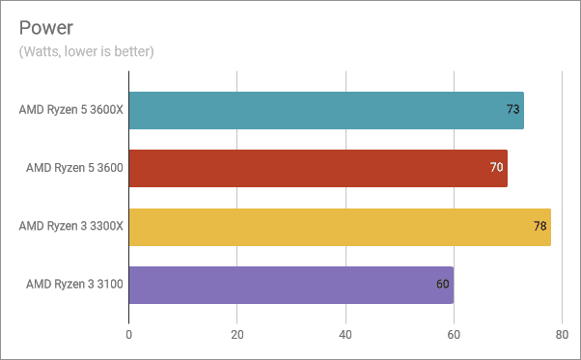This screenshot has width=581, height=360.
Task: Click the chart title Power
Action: [x=46, y=25]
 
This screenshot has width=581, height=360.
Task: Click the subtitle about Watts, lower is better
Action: [x=86, y=50]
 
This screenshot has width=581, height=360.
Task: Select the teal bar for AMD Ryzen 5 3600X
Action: [x=325, y=110]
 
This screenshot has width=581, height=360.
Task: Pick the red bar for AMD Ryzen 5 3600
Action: [x=318, y=168]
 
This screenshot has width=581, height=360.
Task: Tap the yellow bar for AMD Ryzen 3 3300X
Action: [x=339, y=227]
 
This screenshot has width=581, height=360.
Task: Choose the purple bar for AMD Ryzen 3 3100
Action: [x=290, y=285]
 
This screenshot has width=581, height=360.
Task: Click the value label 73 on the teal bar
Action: [x=513, y=110]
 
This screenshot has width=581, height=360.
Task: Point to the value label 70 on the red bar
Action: [x=497, y=168]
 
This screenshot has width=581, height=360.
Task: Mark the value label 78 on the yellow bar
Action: [x=540, y=227]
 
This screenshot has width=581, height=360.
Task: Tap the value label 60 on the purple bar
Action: [x=443, y=285]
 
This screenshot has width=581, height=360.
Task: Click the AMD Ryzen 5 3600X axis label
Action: [x=70, y=110]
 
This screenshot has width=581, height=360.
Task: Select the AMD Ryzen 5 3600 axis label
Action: [x=74, y=168]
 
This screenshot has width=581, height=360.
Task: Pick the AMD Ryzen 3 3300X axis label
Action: [x=70, y=227]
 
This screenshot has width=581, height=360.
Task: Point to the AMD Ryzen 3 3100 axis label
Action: [x=74, y=285]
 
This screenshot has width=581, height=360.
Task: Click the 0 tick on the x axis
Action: [x=128, y=335]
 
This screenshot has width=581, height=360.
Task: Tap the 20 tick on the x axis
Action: [x=236, y=335]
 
